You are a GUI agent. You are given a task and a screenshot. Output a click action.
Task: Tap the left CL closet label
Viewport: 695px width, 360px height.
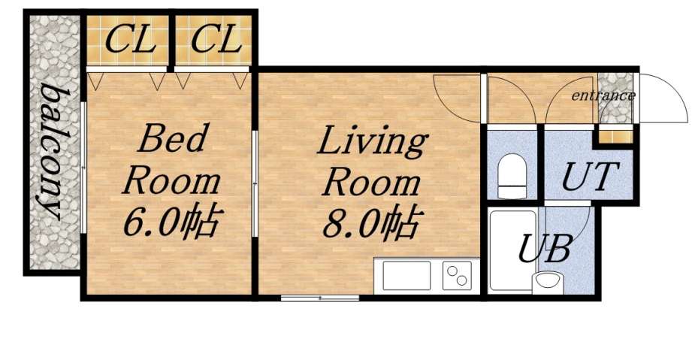pos(131,39)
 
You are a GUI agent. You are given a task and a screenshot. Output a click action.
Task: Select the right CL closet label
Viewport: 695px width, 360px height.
pos(216,39)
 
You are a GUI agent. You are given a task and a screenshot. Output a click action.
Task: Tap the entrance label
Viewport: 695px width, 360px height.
pos(603,96)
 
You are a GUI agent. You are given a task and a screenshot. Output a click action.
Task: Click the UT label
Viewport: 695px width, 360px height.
pos(591,178)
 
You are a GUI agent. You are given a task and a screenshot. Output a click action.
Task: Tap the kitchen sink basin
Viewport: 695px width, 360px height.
pos(406,276)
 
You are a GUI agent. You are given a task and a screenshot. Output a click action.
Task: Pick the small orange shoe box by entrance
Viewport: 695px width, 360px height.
pos(615,136)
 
